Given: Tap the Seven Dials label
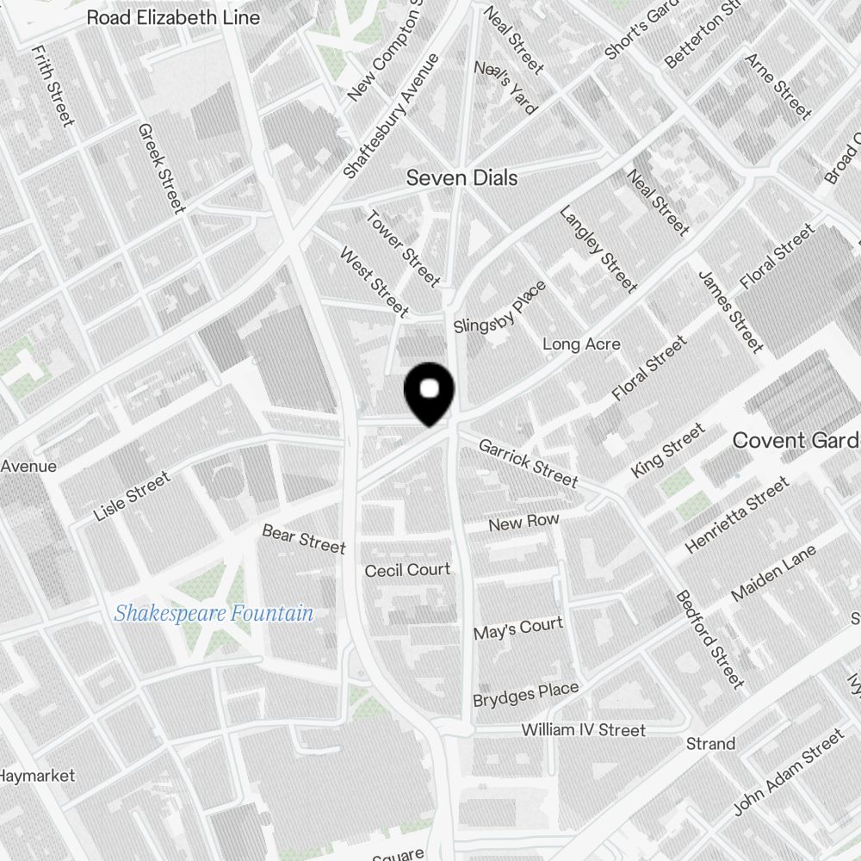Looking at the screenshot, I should tap(461, 178).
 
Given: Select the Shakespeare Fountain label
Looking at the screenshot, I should tap(214, 614).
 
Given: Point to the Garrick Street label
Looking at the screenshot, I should tap(528, 462).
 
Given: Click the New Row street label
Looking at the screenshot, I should tap(523, 523).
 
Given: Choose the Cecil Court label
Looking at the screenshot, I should tap(407, 570).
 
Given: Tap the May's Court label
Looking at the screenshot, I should tap(518, 629).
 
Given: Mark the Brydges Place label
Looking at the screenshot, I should tap(525, 694).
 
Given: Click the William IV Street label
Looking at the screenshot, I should tap(583, 730).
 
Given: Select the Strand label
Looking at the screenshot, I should tap(710, 743).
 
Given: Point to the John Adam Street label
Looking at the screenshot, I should tap(788, 772).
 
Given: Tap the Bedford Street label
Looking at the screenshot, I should tap(709, 639).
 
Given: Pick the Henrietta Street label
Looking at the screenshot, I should tap(736, 516).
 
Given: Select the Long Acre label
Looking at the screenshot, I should tap(581, 344).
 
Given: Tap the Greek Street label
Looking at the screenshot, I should tap(161, 168).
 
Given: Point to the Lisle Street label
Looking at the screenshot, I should tap(132, 497).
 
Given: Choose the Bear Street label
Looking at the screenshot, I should tap(304, 539).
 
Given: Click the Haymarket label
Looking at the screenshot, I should tap(37, 776).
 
